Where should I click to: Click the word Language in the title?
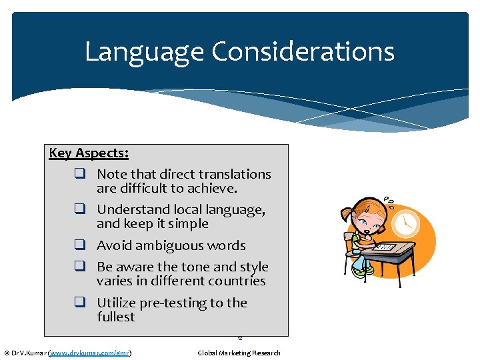[x=144, y=52]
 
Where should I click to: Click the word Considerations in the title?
[x=303, y=52]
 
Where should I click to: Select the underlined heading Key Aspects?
[x=89, y=153]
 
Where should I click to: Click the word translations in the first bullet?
[x=235, y=174]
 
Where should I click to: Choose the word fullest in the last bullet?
[x=115, y=317]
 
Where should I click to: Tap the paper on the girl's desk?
[x=385, y=247]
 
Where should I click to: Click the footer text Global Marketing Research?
[x=239, y=353]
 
